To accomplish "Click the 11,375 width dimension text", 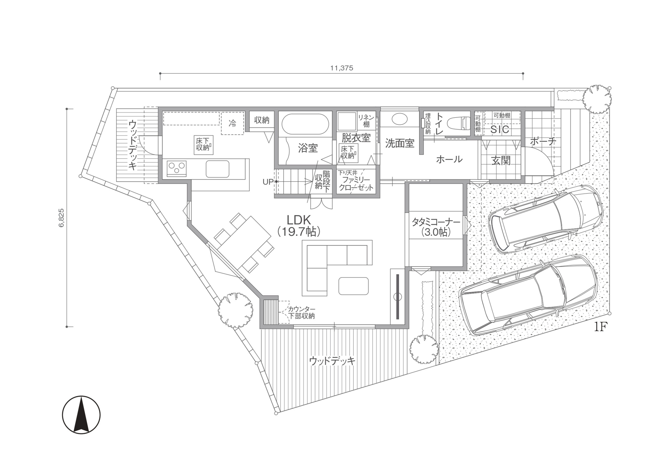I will pyautogui.click(x=342, y=68).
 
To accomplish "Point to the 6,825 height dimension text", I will pyautogui.click(x=62, y=218).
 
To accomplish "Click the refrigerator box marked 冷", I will pyautogui.click(x=232, y=124).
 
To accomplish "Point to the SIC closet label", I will pyautogui.click(x=500, y=130).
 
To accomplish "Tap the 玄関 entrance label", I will pyautogui.click(x=501, y=161).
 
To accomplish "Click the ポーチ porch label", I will pyautogui.click(x=543, y=142).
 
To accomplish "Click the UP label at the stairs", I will pyautogui.click(x=268, y=182).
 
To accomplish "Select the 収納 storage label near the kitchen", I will pyautogui.click(x=261, y=120).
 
